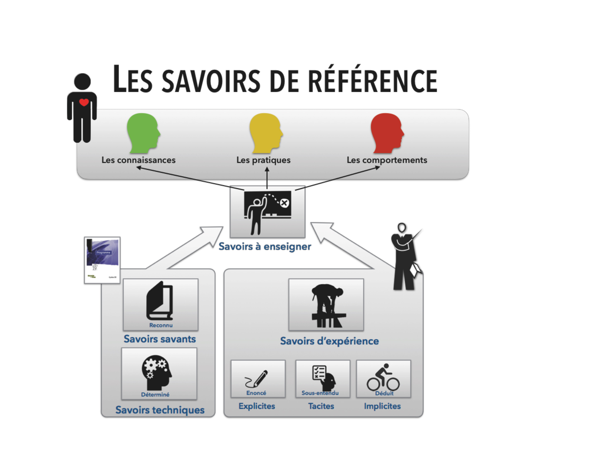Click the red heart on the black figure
[84, 102]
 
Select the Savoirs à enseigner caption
[265, 247]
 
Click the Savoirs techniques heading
[160, 410]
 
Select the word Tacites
[321, 406]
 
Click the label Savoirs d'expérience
[329, 341]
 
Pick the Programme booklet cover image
[102, 260]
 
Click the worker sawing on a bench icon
[327, 305]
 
